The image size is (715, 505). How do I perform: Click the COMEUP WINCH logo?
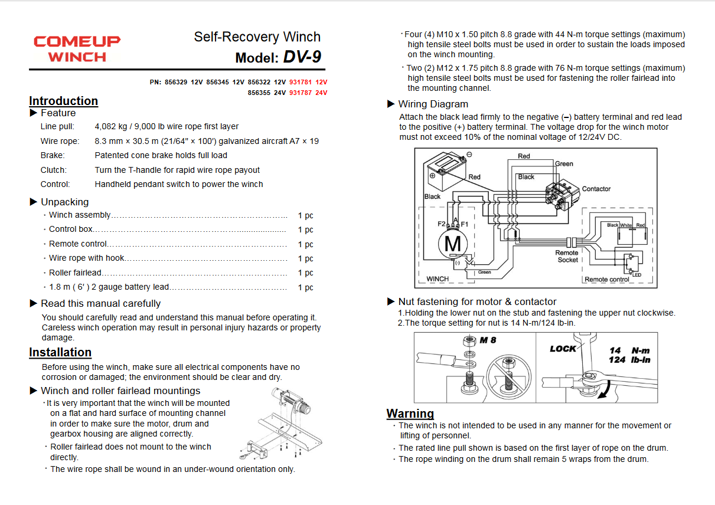[x=77, y=49]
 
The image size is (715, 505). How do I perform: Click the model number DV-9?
[x=302, y=57]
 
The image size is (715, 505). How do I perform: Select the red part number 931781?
[x=301, y=82]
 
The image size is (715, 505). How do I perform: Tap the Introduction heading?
[x=63, y=101]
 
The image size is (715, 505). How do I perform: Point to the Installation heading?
[x=60, y=352]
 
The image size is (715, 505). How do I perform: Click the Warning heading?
[x=410, y=413]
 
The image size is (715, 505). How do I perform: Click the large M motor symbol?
[x=452, y=243]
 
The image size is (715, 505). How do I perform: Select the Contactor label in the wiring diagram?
[x=596, y=189]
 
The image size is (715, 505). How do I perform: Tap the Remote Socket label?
[x=567, y=256]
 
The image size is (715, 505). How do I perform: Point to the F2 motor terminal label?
[x=442, y=224]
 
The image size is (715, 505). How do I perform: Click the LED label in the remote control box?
[x=636, y=275]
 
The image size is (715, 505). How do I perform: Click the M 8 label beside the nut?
[x=488, y=340]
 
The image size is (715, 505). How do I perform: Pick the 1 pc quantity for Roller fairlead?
[x=305, y=273]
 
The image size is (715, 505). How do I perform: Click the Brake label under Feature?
[x=53, y=155]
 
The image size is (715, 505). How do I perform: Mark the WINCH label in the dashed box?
[x=438, y=278]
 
